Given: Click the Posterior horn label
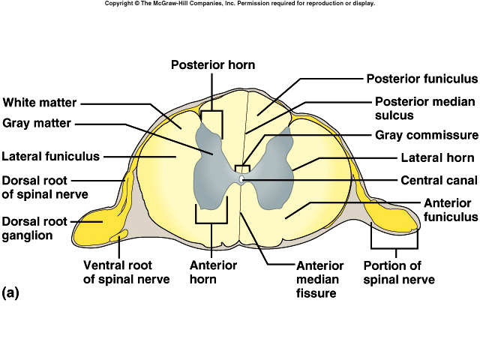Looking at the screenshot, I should coord(213,65).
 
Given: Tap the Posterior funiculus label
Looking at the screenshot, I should coord(421,79).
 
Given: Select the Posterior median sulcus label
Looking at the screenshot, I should coord(415,108).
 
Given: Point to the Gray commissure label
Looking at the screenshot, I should coord(426,136).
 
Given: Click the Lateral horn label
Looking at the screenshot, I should coord(437,158).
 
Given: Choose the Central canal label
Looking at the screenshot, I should coord(439,181).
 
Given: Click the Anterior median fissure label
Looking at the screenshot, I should coord(319,280).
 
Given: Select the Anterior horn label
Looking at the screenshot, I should coord(213,272).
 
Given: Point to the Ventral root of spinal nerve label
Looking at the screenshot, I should coord(126,272).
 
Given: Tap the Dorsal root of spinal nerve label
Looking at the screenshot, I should coord(45,187).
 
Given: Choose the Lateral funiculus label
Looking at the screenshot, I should coord(50,157).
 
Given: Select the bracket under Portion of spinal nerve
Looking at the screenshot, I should coord(394,247).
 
